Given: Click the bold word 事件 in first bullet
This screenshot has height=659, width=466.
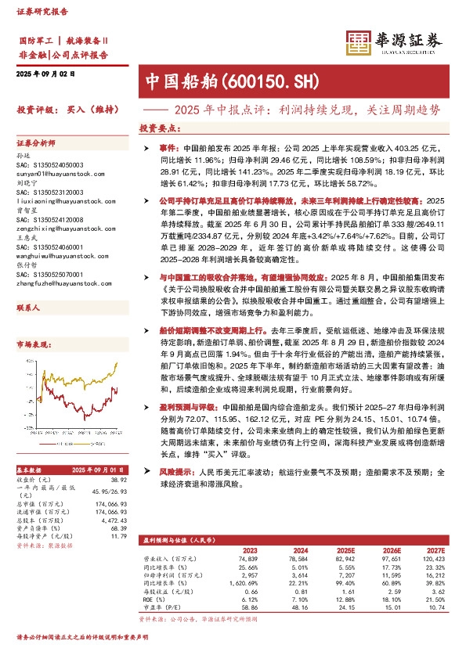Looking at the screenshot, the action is tap(169, 147).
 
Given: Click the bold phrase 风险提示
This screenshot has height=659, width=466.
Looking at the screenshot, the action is tap(175, 473).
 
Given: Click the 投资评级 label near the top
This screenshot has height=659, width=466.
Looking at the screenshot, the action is tap(35, 110).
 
